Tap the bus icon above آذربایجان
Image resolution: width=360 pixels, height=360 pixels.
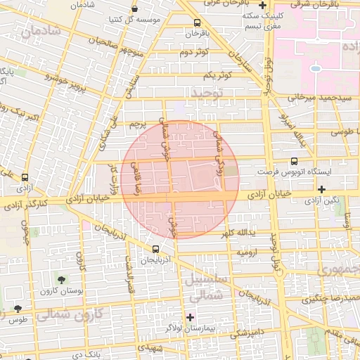click(x=156, y=248)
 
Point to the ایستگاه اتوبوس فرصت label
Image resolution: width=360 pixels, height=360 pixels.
click(x=288, y=171)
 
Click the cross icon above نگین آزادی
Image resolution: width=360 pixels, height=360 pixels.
click(x=322, y=188)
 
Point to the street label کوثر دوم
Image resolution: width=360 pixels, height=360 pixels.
click(x=193, y=53)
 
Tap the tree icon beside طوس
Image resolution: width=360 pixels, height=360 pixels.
click(x=18, y=309)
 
